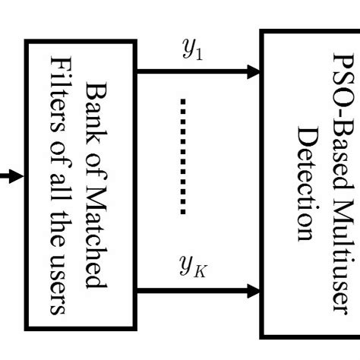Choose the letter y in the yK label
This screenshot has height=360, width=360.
point(184,267)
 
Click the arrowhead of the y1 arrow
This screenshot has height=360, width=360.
point(253,72)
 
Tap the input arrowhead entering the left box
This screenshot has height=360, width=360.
point(17,177)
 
